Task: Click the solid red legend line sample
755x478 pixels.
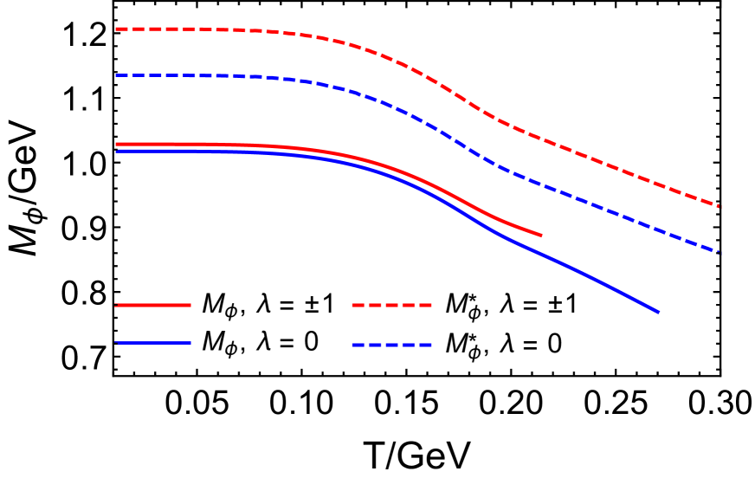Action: pos(153,305)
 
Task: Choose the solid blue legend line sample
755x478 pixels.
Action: pos(153,343)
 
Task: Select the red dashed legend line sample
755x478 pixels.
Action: pos(391,305)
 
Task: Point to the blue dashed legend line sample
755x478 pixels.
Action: pos(391,346)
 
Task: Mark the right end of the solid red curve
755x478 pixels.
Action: pos(541,235)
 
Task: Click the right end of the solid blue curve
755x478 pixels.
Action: pos(657,312)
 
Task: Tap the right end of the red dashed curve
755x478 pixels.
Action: pos(719,206)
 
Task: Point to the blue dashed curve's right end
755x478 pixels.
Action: pos(719,251)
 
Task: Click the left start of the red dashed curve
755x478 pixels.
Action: pos(117,29)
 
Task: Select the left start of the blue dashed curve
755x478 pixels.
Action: pos(117,75)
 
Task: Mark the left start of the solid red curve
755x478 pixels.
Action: pos(117,144)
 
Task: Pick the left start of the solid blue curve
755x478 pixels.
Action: pos(117,152)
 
